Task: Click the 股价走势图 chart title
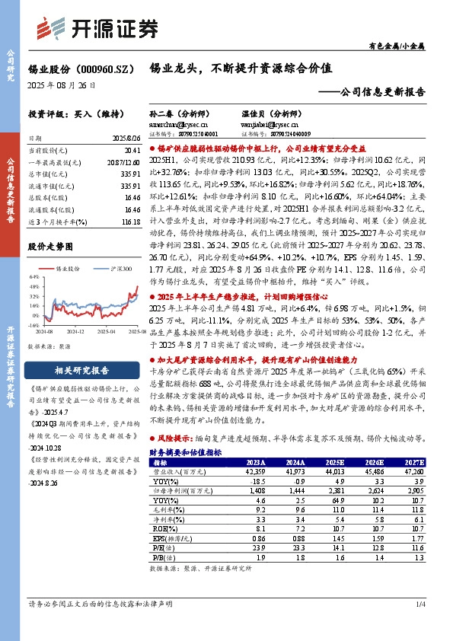(x=49, y=247)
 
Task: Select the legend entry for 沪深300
(x=116, y=269)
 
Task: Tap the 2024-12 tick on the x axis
(x=75, y=332)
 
